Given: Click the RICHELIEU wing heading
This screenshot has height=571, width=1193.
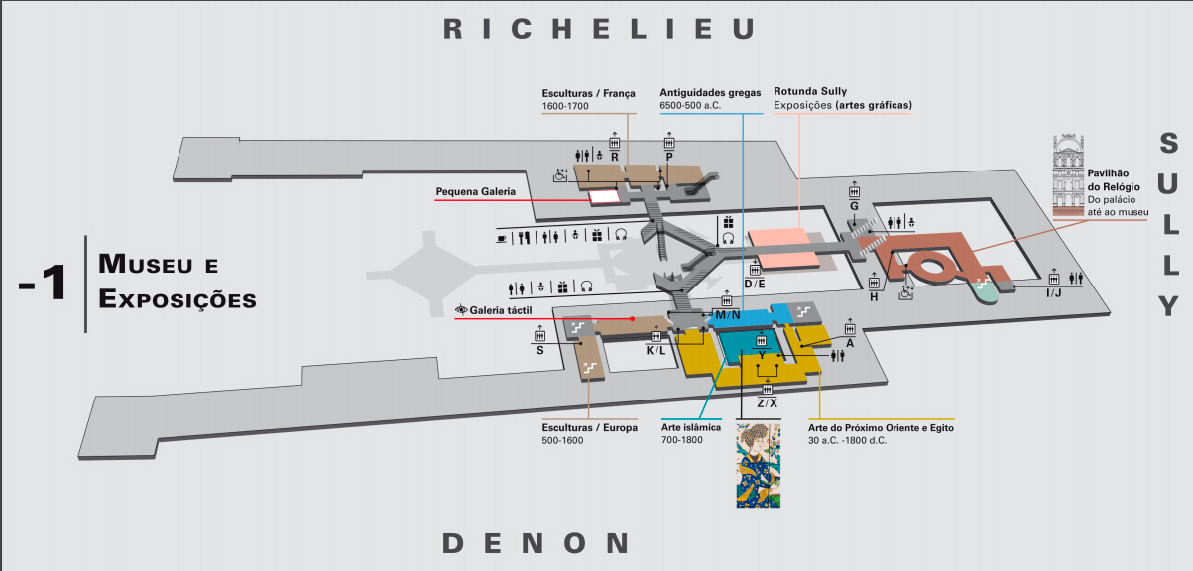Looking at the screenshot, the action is point(599,29).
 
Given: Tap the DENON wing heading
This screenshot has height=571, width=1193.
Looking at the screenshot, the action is point(536,543).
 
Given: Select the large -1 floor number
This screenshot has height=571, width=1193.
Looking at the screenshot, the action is point(44,282).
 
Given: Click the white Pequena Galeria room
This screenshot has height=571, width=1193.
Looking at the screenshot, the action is point(604,197).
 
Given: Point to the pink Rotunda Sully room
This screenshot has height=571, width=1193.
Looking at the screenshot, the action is point(783,249).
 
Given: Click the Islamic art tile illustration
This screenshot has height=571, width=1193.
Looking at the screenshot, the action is point(759,466).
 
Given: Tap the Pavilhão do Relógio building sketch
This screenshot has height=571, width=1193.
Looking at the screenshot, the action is point(1068,175).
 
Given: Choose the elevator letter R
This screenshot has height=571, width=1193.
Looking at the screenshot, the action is point(615,157).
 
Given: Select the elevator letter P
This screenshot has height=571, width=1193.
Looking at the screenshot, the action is point(669,157).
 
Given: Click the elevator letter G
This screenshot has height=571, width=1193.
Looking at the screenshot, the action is point(854,206).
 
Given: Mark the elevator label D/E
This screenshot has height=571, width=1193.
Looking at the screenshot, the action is point(754,285).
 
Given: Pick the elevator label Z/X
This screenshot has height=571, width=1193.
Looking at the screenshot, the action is point(767,403).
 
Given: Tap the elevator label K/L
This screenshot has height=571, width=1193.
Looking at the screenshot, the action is point(656,351).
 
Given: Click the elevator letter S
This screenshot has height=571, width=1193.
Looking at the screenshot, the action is point(540,351).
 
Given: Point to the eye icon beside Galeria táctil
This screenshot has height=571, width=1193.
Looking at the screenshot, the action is point(461,309).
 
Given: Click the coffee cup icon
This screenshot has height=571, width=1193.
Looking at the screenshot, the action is point(501,238).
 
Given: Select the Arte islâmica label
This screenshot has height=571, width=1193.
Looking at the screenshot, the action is point(691,427).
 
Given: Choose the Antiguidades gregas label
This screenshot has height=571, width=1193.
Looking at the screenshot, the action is point(710,92).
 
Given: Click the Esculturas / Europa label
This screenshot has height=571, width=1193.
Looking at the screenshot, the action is point(590,427).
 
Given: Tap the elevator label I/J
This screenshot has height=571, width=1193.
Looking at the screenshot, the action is point(1054,292).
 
